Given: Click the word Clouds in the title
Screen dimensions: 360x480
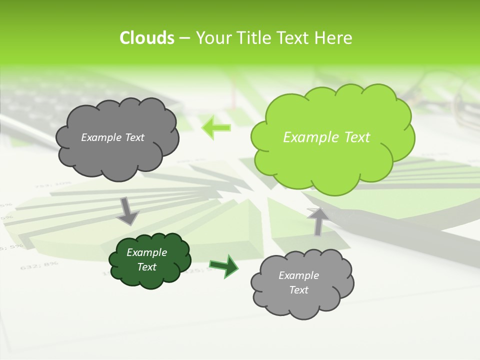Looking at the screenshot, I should pos(146,38).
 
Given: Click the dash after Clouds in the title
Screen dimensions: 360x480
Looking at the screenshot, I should pos(184,38).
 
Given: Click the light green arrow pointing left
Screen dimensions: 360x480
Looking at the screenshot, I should pos(216,128).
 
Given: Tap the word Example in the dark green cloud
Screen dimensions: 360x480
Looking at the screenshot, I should pos(146,252).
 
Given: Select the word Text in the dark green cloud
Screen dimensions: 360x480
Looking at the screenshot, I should pos(146,267).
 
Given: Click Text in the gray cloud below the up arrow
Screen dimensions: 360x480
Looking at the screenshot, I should pos(298,290).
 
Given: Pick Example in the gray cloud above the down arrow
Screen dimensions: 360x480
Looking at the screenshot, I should pos(98,137).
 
